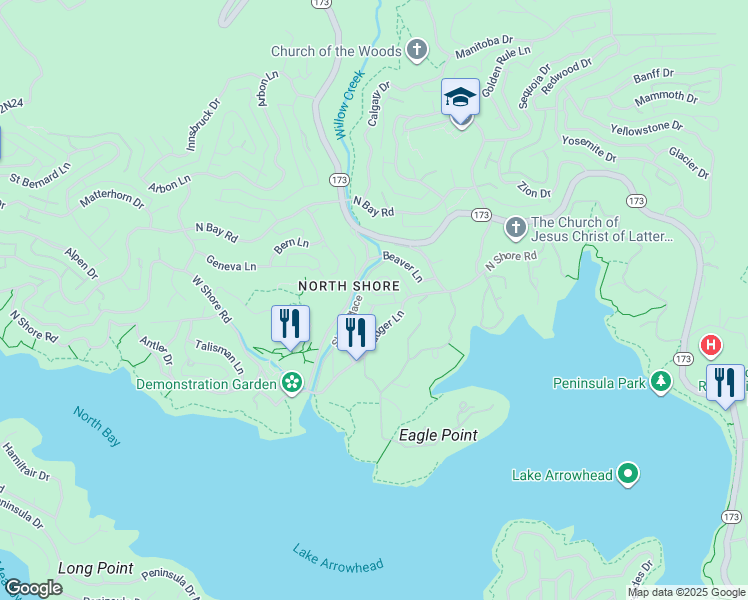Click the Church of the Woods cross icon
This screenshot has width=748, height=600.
[x=417, y=51]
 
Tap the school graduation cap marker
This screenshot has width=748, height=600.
[x=460, y=98]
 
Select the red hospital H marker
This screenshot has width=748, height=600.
[x=710, y=346]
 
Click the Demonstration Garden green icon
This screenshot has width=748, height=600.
[x=291, y=382]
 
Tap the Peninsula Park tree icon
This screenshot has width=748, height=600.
[x=660, y=382]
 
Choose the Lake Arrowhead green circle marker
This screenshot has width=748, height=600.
[x=628, y=474]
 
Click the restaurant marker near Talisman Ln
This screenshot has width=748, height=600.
[x=290, y=324]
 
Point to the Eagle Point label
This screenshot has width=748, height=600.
[x=438, y=435]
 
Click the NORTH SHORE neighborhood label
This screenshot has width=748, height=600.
[x=349, y=286]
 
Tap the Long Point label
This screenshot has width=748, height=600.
[x=95, y=568]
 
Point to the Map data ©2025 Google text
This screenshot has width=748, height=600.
[x=686, y=592]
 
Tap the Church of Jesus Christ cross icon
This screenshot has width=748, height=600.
[x=515, y=228]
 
